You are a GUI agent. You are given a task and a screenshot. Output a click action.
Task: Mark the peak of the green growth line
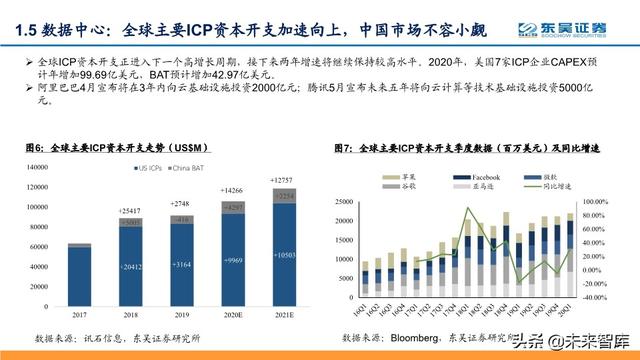(468, 208)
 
